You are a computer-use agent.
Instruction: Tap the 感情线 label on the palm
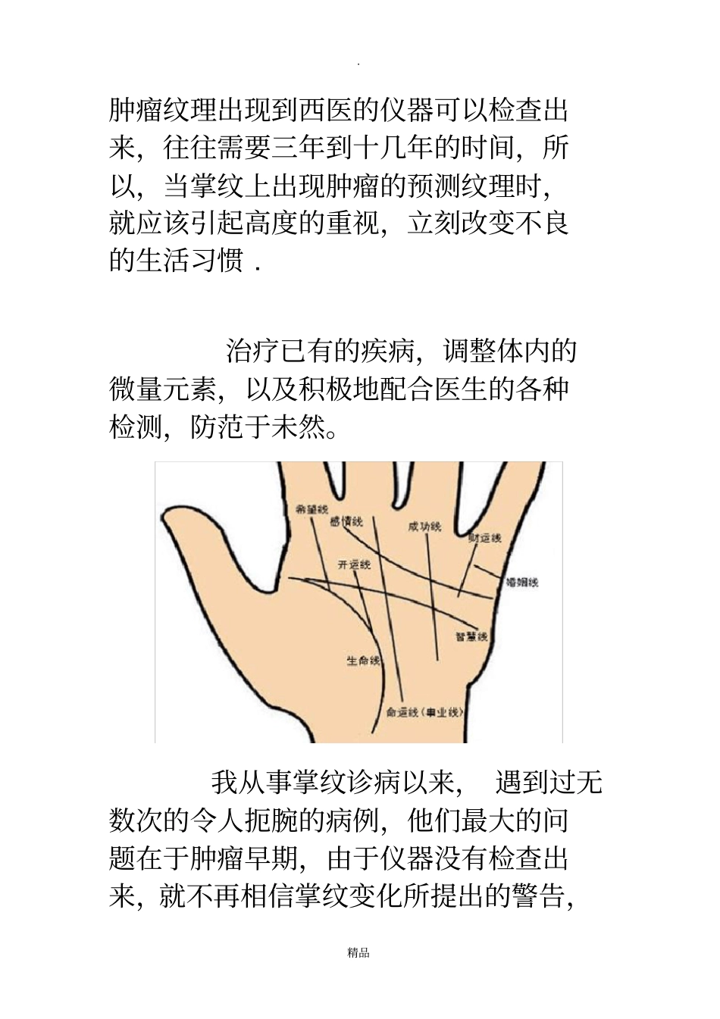point(347,521)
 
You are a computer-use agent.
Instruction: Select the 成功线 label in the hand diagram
point(424,526)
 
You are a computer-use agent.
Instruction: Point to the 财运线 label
point(485,538)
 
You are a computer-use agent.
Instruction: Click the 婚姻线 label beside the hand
point(521,583)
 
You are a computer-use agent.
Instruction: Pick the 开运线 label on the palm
point(354,564)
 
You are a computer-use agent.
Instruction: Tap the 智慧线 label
point(471,636)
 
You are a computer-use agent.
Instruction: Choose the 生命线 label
point(363,661)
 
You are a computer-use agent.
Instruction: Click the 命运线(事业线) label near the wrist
point(424,712)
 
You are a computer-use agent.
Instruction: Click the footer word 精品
point(358,953)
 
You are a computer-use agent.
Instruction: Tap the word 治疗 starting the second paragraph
point(252,351)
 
